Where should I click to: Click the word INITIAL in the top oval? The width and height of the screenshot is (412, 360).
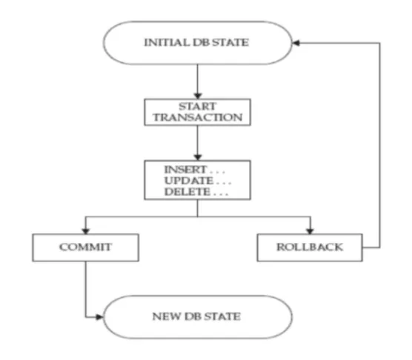[x=167, y=42]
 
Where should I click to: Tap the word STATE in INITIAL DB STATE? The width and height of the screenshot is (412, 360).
[x=230, y=42]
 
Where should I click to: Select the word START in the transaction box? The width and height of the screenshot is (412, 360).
[x=198, y=107]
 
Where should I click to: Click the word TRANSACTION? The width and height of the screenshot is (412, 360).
[x=198, y=117]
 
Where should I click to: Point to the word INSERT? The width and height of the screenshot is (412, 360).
[x=185, y=170]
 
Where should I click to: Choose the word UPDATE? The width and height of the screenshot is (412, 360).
[x=189, y=181]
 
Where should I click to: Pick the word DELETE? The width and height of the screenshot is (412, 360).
[x=187, y=192]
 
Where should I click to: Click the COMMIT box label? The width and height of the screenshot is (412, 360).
[x=86, y=247]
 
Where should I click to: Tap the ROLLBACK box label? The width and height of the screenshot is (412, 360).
[x=310, y=247]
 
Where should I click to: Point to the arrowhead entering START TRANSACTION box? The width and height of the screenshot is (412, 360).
[x=198, y=96]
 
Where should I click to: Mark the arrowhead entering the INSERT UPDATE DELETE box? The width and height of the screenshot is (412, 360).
[x=198, y=157]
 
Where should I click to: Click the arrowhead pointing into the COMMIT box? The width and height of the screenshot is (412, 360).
[x=86, y=231]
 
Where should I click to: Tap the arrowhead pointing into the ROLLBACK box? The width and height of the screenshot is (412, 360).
[x=310, y=231]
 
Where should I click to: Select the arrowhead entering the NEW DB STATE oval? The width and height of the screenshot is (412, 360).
[x=99, y=317]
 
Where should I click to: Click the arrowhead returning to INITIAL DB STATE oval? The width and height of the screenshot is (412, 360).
[x=296, y=43]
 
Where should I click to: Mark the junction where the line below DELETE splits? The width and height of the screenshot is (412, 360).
[x=198, y=217]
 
